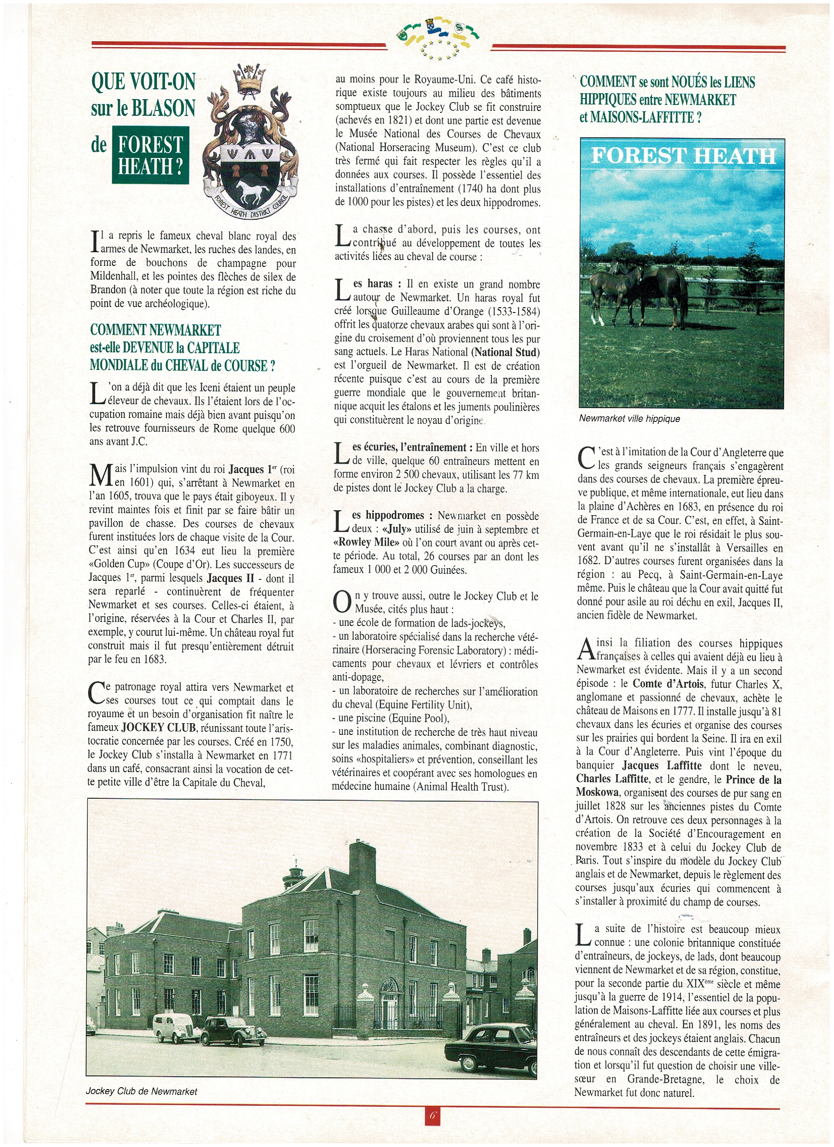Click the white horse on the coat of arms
tap(251, 192)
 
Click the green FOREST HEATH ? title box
tap(150, 155)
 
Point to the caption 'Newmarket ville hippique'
tap(629, 419)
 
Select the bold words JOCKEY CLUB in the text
tap(158, 728)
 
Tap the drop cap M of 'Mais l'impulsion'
tap(100, 475)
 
